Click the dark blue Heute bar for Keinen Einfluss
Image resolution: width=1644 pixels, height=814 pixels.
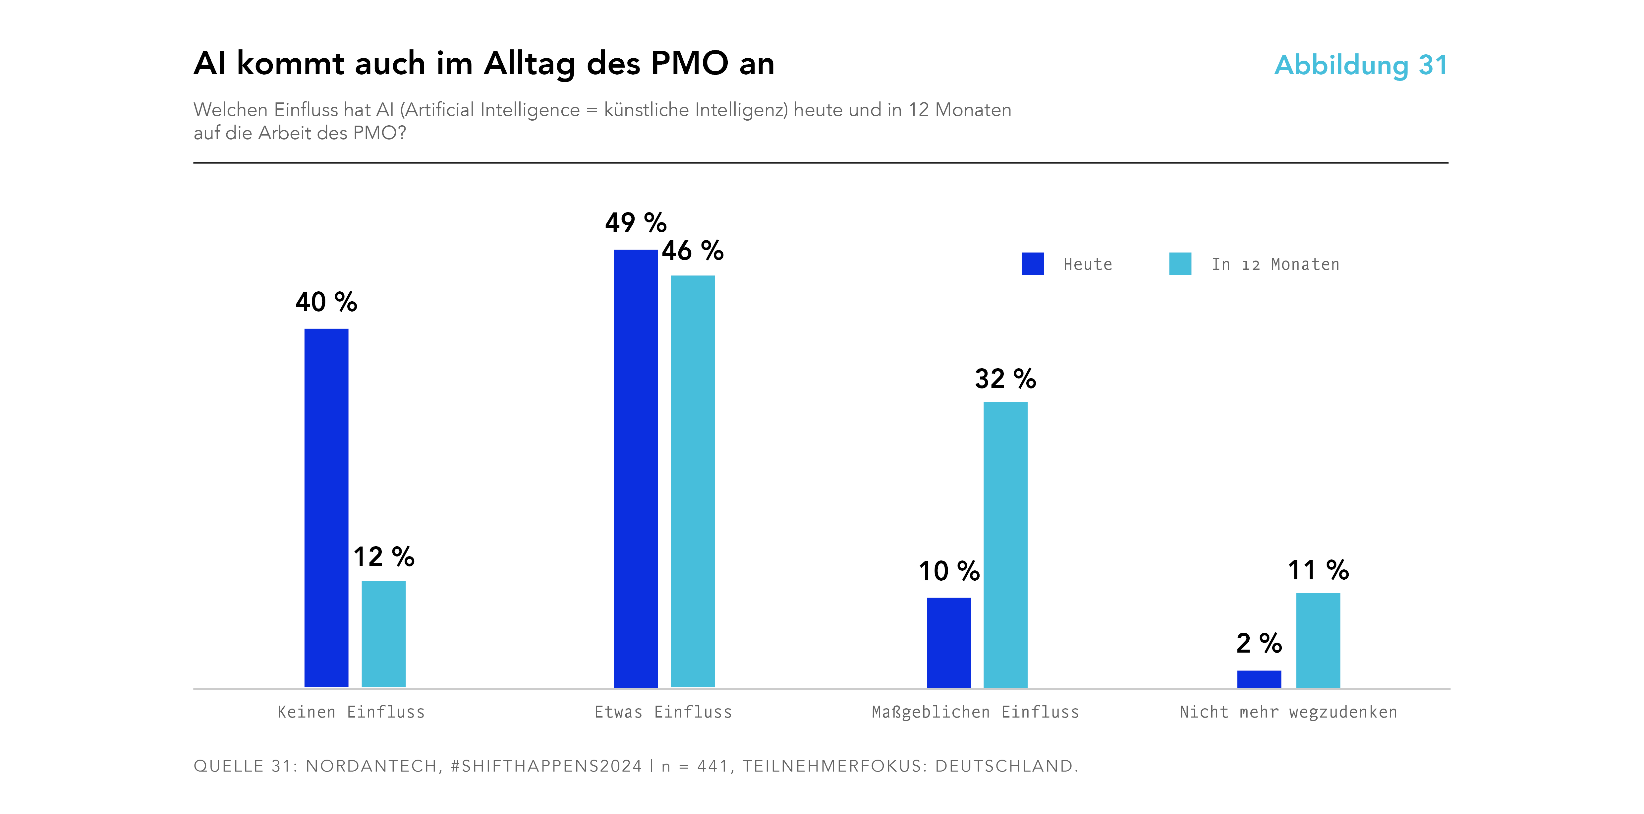(x=326, y=507)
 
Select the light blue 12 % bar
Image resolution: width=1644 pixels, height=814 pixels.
(x=383, y=634)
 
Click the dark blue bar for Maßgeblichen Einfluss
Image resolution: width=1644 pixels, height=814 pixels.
(x=949, y=642)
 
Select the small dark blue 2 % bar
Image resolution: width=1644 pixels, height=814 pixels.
(x=1259, y=679)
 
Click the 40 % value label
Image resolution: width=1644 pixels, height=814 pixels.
(x=326, y=302)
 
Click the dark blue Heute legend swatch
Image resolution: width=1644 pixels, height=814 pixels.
(x=1033, y=264)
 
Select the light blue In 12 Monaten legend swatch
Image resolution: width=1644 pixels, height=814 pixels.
(x=1180, y=264)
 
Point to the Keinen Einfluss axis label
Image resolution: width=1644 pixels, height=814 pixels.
(x=351, y=712)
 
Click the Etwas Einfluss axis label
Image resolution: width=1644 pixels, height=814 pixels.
(x=663, y=712)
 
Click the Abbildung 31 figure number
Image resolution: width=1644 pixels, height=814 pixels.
(x=1361, y=65)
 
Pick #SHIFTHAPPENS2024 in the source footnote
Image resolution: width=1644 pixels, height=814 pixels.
(x=546, y=766)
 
